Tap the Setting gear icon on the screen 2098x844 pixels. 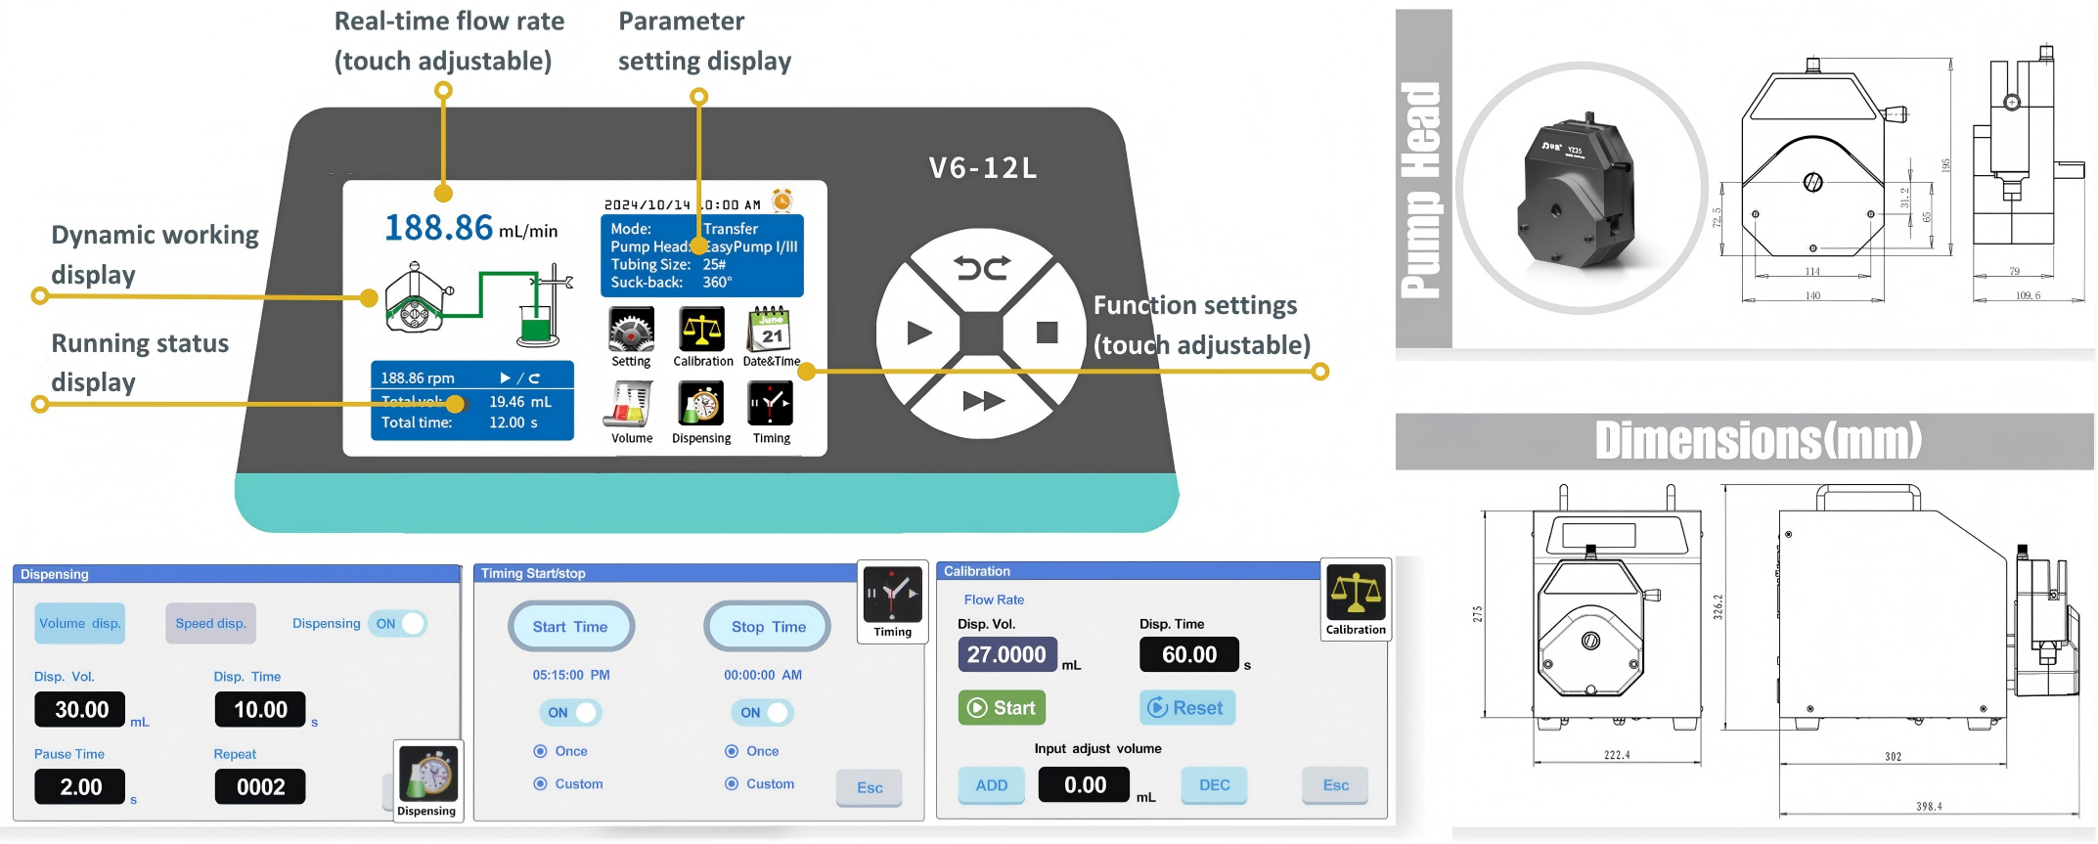pos(631,331)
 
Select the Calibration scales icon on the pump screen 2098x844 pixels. pos(702,331)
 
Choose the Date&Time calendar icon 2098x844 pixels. pos(771,331)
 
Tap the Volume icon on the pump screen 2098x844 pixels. pos(631,405)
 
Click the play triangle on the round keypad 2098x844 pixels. pos(918,333)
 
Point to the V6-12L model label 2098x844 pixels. pos(982,168)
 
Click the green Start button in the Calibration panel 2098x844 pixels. pos(1002,708)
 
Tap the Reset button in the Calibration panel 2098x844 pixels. pos(1186,708)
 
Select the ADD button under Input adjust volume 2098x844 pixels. pos(991,785)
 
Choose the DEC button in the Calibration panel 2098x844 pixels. pos(1214,785)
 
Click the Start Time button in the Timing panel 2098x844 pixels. pos(570,627)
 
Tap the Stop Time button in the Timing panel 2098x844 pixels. pos(768,627)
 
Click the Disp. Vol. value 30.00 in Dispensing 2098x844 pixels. pos(81,710)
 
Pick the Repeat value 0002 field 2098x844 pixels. pos(260,787)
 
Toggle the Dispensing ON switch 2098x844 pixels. pos(398,624)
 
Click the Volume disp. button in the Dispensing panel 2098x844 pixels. pos(79,624)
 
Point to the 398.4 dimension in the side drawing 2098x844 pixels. pos(1929,807)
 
